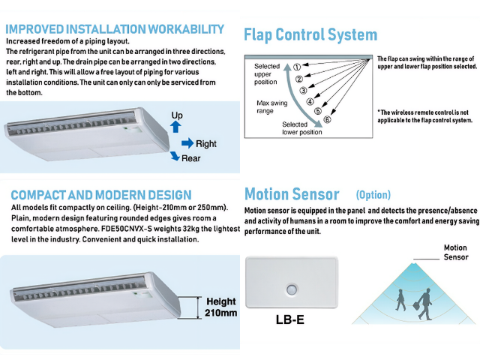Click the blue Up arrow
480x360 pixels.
point(175,127)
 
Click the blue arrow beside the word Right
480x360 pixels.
point(187,143)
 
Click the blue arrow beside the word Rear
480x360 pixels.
point(175,156)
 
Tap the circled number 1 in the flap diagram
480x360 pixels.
point(297,67)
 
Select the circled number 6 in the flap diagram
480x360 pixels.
point(327,119)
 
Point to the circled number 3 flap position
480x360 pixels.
point(303,90)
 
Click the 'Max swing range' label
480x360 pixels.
point(271,106)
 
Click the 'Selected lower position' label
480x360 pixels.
point(301,128)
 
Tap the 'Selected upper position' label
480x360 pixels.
point(267,74)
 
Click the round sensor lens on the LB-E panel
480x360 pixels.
point(292,289)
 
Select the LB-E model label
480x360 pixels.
point(290,319)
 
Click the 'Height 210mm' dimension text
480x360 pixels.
point(220,307)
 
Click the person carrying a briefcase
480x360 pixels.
point(424,305)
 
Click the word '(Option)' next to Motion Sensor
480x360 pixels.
point(373,195)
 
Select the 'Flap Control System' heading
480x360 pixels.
point(310,34)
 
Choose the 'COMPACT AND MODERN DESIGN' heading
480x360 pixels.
point(101,195)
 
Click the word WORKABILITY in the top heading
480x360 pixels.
point(186,29)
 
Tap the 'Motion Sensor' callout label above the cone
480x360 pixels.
point(456,252)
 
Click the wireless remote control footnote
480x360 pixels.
point(425,116)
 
